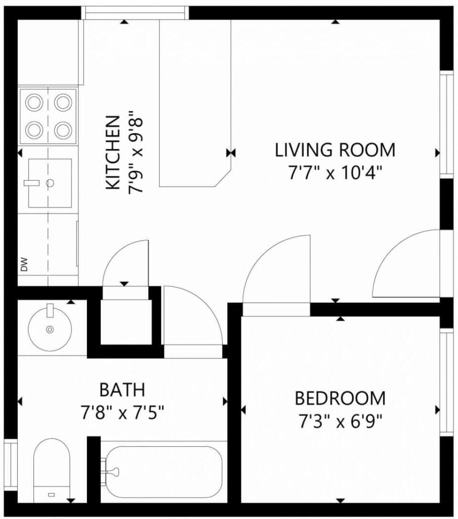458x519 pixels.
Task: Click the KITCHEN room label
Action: tap(113, 152)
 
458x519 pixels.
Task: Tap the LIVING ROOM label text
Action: tap(335, 150)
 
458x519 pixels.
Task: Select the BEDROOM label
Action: tap(340, 398)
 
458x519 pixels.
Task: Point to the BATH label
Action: tap(122, 390)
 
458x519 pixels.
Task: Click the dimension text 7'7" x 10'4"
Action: tap(335, 173)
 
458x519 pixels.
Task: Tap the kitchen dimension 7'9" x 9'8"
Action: tap(135, 152)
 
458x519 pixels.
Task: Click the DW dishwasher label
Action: tap(24, 265)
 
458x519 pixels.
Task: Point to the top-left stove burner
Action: tap(34, 102)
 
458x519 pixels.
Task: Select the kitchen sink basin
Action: tap(50, 183)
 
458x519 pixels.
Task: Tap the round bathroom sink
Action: tap(50, 329)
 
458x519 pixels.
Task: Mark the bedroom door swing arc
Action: tap(277, 270)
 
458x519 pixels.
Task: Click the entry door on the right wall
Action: tap(406, 265)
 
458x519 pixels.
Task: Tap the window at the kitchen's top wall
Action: tap(135, 12)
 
